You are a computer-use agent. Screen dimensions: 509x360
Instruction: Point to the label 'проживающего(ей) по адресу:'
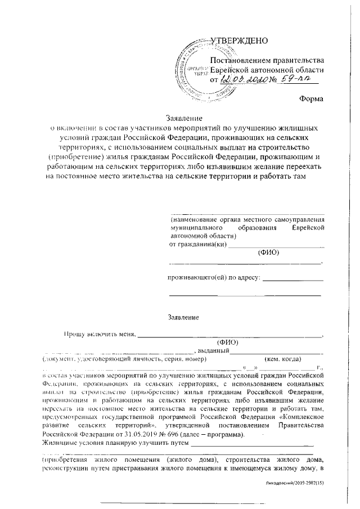click(x=214, y=278)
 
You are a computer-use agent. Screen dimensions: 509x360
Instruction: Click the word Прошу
click(x=75, y=334)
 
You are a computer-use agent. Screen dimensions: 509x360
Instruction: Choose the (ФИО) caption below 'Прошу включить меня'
click(x=227, y=342)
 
